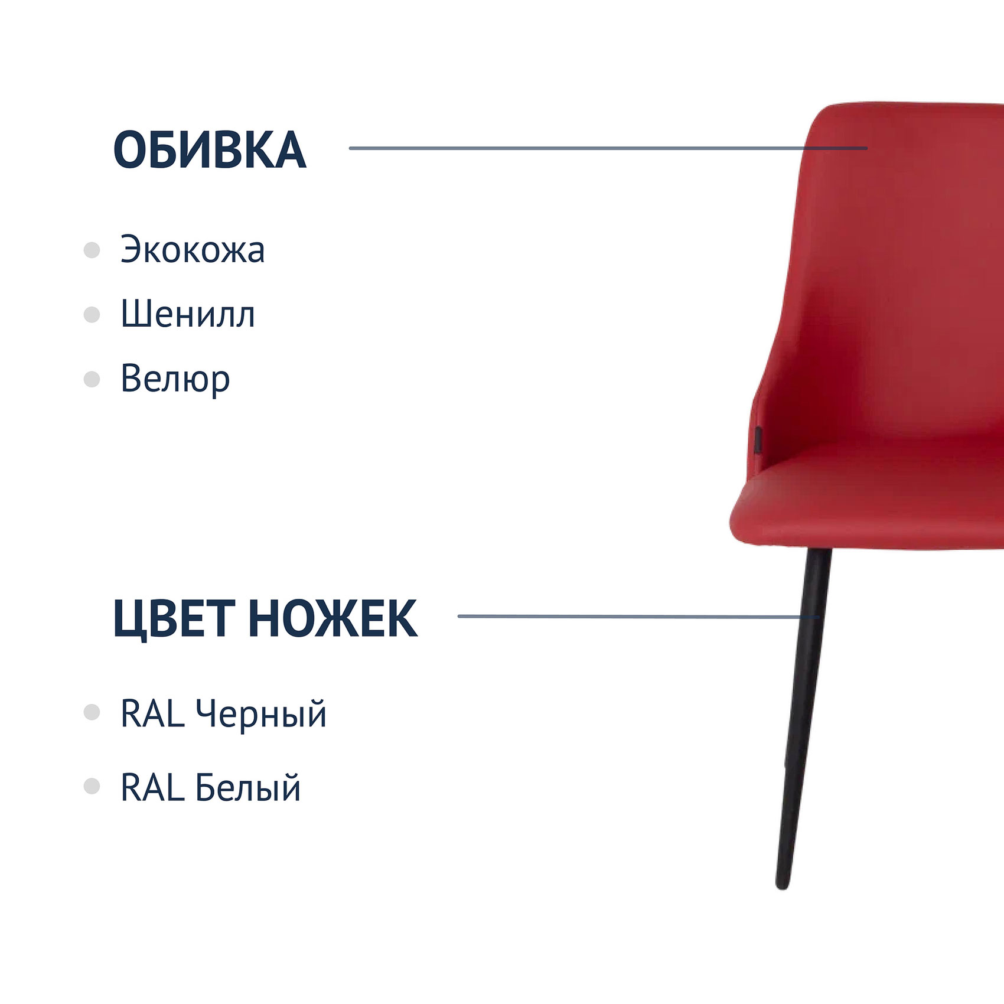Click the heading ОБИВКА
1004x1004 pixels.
pyautogui.click(x=210, y=150)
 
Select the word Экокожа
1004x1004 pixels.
pyautogui.click(x=193, y=249)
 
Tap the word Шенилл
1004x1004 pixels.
pyautogui.click(x=188, y=314)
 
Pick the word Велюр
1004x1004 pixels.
pyautogui.click(x=175, y=379)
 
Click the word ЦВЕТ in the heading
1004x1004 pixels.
pyautogui.click(x=174, y=619)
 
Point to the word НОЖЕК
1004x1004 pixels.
pyautogui.click(x=333, y=618)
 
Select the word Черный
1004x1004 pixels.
pyautogui.click(x=260, y=714)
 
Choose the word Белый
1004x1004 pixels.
pyautogui.click(x=247, y=787)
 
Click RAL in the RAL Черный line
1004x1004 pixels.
pyautogui.click(x=152, y=713)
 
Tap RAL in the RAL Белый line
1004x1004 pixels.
pyautogui.click(x=152, y=787)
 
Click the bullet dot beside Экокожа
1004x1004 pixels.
pyautogui.click(x=92, y=250)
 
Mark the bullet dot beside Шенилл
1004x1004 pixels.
pyautogui.click(x=92, y=314)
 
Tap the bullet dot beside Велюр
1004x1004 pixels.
pyautogui.click(x=92, y=379)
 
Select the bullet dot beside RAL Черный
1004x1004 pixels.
pyautogui.click(x=92, y=712)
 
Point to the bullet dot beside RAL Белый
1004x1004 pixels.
pyautogui.click(x=92, y=786)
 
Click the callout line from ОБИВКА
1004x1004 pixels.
pyautogui.click(x=608, y=148)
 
